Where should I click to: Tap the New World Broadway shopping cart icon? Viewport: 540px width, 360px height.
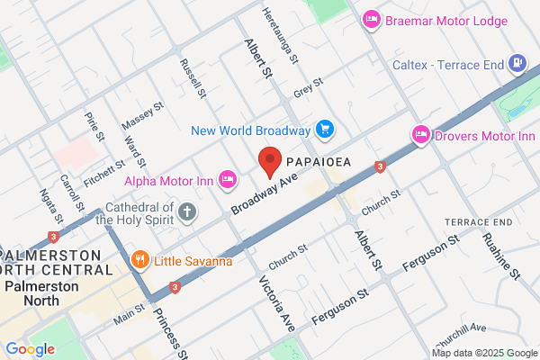coord(325,130)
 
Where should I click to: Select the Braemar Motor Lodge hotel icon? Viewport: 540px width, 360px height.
coord(370,19)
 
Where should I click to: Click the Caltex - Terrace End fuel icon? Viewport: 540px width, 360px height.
coord(517,64)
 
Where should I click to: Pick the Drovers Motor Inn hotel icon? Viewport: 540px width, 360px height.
coord(420,135)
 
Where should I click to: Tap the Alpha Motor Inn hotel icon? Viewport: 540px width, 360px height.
coord(227,181)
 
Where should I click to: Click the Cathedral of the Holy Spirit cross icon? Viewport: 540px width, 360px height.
coord(186,212)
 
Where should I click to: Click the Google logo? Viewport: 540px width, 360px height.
coord(30,349)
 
